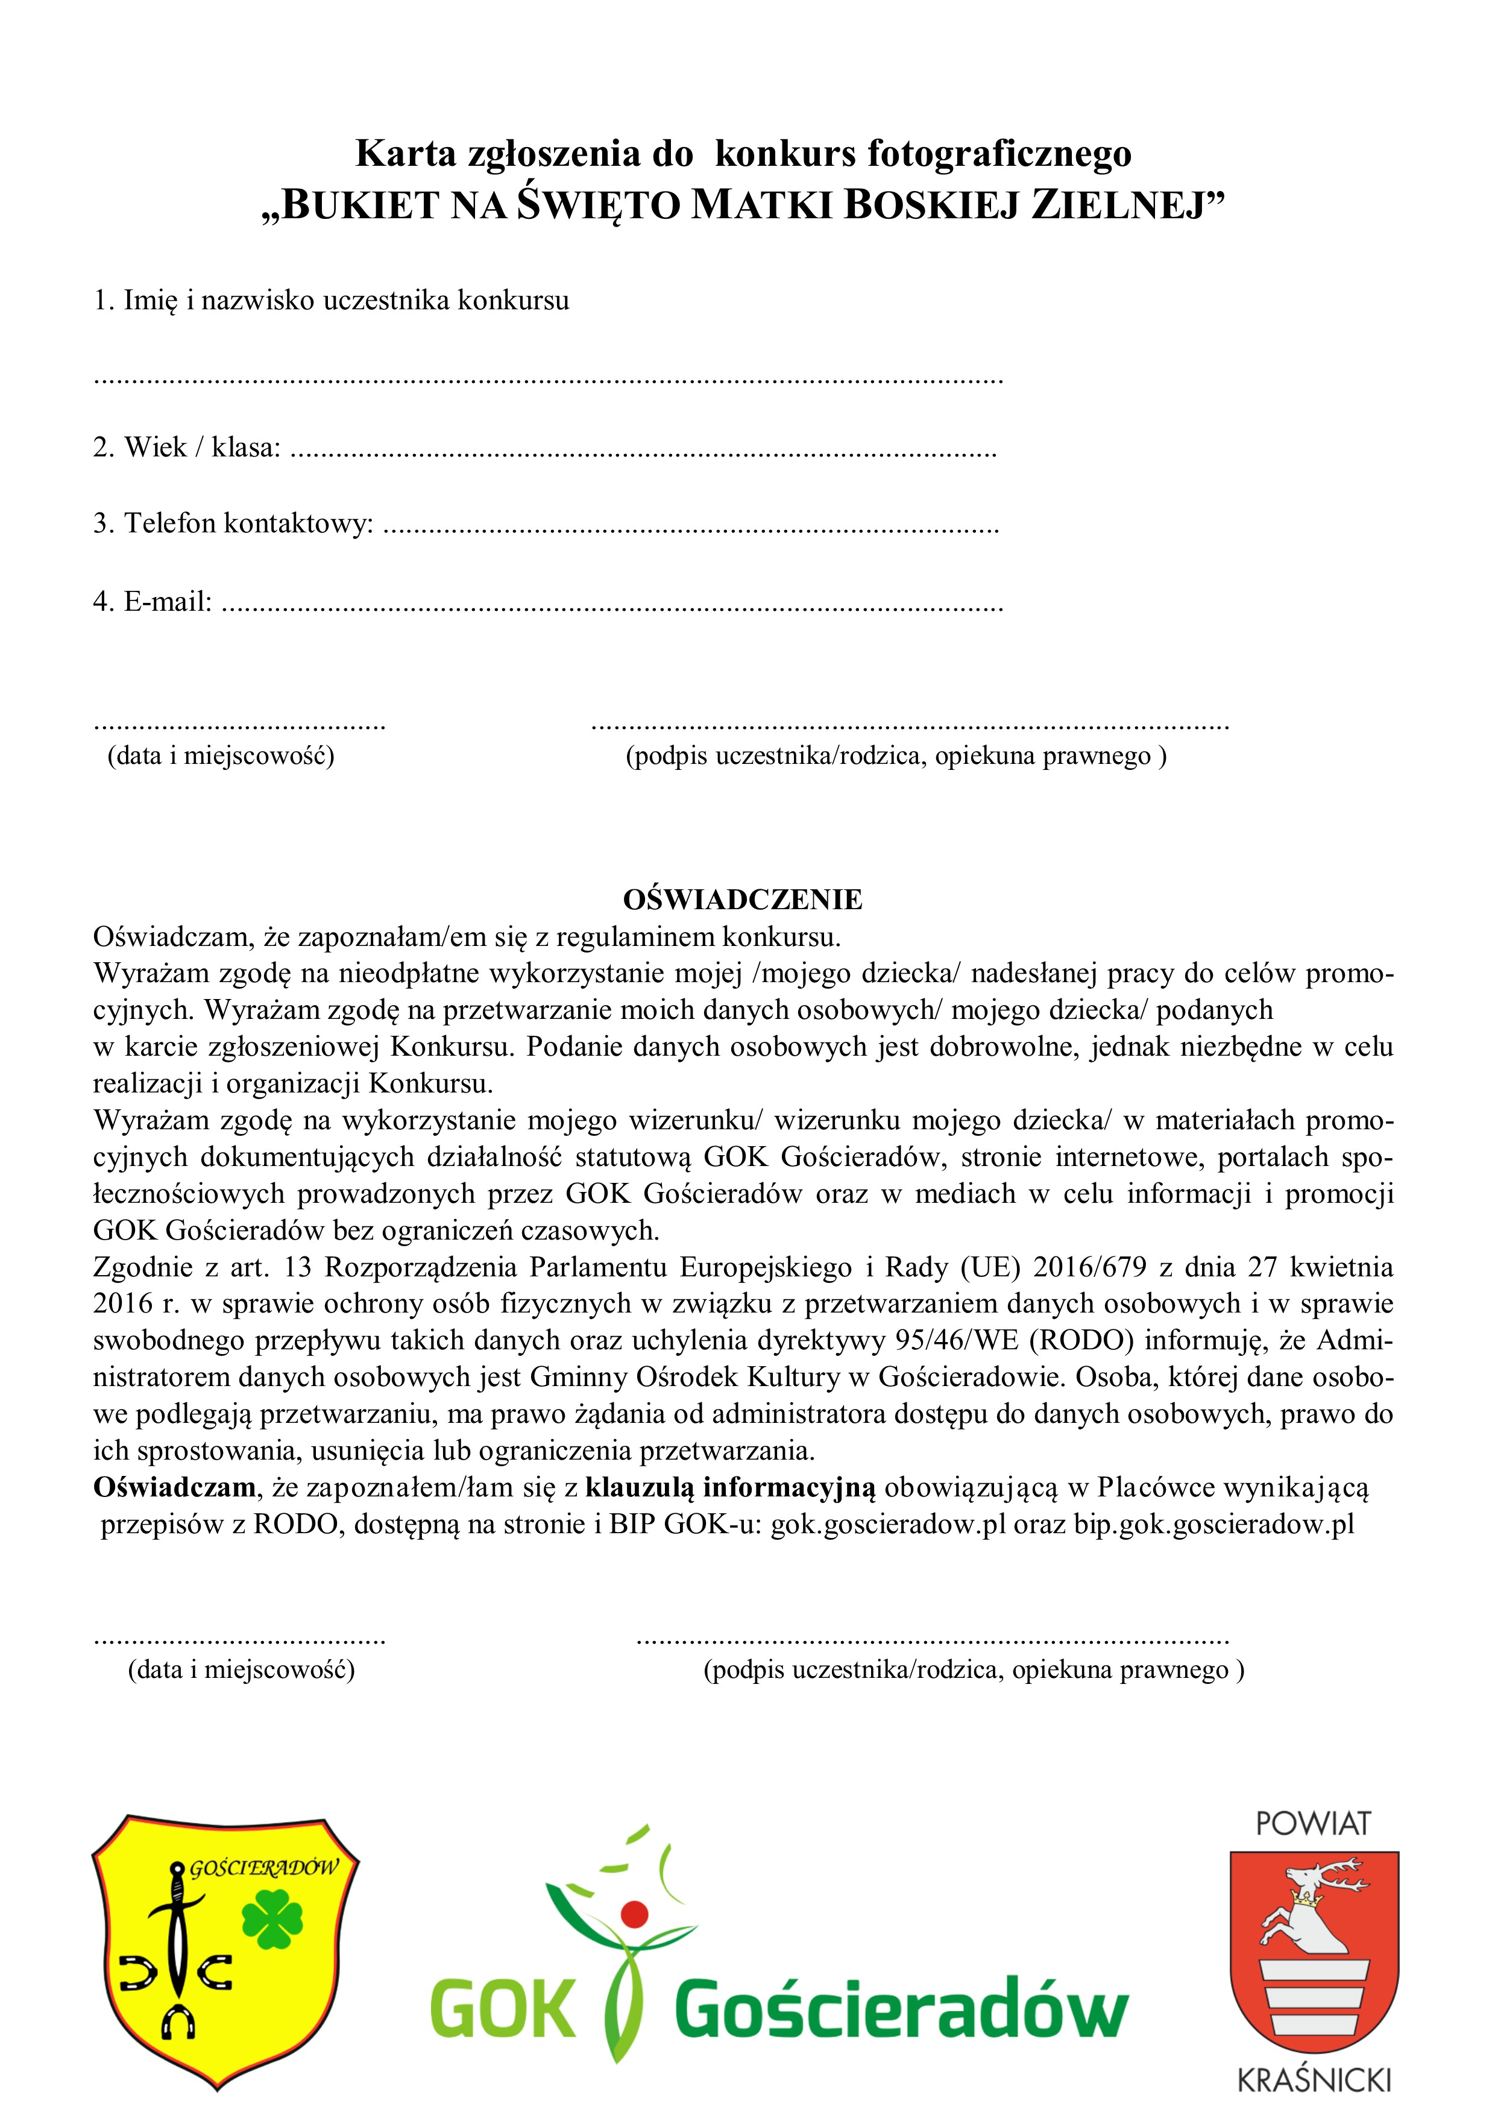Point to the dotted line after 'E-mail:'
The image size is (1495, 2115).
(612, 606)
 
